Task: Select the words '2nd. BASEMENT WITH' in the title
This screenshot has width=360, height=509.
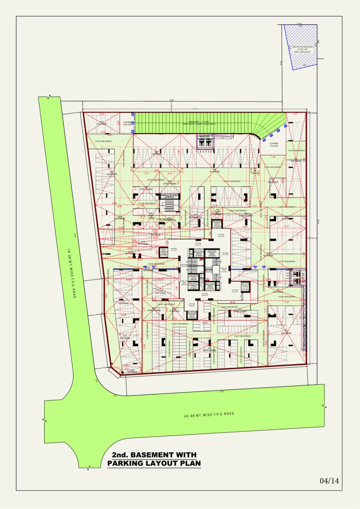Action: pyautogui.click(x=154, y=455)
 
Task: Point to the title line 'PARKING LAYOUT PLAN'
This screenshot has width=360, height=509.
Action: pyautogui.click(x=154, y=463)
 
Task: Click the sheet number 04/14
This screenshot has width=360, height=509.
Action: pyautogui.click(x=329, y=481)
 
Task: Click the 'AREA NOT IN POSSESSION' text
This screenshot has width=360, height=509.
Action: pyautogui.click(x=301, y=46)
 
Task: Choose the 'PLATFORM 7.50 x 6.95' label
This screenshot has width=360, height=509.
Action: pyautogui.click(x=274, y=145)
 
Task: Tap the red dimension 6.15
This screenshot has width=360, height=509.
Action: pyautogui.click(x=170, y=173)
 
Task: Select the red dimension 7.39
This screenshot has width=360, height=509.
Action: pyautogui.click(x=273, y=157)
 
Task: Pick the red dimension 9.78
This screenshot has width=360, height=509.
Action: pyautogui.click(x=103, y=132)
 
